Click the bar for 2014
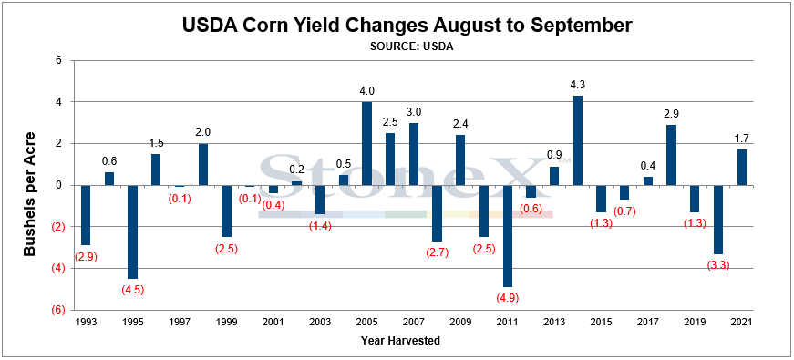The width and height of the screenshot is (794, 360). [x=577, y=140]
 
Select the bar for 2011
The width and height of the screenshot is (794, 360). [x=507, y=236]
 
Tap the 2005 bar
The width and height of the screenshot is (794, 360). [x=366, y=143]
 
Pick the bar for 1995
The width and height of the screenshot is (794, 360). [x=132, y=231]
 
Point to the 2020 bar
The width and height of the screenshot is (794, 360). [x=718, y=220]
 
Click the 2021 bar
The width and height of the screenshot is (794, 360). [x=741, y=168]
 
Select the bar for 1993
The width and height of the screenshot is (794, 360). [x=86, y=215]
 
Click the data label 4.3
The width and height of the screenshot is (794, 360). [x=577, y=85]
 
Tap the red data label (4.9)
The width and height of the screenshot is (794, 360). [x=507, y=297]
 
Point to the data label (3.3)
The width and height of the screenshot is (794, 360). [x=718, y=264]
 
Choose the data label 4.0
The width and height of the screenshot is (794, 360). [x=366, y=91]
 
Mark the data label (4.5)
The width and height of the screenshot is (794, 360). [x=132, y=290]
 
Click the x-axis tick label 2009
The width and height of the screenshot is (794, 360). [x=460, y=322]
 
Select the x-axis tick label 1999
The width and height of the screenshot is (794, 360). [x=226, y=322]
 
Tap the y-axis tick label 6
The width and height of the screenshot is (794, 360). [x=58, y=61]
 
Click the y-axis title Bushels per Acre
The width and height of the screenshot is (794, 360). [x=30, y=194]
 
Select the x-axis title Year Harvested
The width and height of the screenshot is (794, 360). [x=400, y=341]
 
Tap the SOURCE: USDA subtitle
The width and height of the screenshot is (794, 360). [x=411, y=46]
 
